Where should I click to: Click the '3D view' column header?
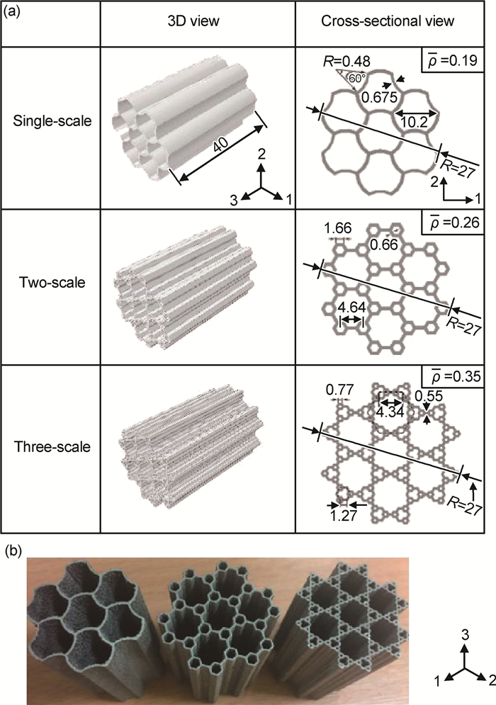193,21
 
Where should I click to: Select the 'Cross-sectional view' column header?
388,21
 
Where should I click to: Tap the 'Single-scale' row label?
52,120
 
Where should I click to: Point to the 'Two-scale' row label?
52,283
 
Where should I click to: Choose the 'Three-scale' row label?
52,447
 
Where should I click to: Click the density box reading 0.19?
452,60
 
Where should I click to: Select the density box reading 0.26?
452,222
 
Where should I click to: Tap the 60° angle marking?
355,78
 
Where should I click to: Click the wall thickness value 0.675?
380,97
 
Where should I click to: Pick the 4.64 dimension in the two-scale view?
351,308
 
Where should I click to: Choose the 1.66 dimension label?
338,228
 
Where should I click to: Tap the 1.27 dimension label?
343,515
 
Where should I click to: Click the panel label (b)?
12,551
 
